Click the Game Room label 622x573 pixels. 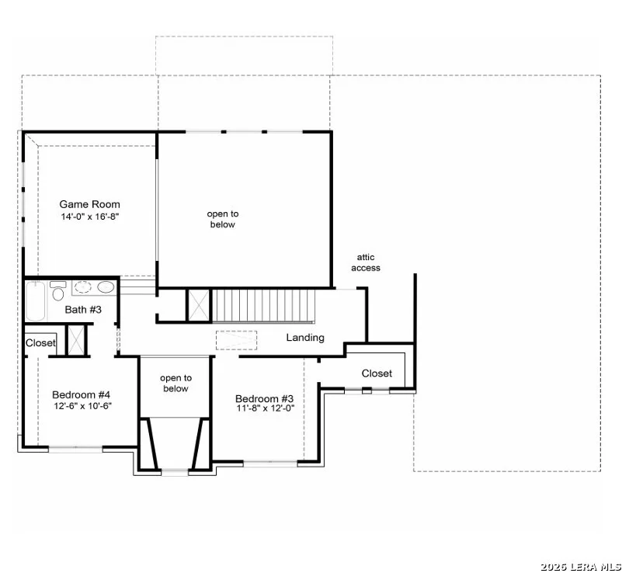(89, 204)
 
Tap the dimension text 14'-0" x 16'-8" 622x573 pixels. (90, 217)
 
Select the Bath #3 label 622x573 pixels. (83, 309)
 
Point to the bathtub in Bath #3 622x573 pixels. (36, 300)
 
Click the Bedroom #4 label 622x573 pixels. (81, 394)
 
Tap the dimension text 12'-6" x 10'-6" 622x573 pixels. (83, 406)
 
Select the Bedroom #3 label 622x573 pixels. (264, 398)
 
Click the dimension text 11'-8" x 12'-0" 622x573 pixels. (266, 408)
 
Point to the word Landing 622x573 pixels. (305, 338)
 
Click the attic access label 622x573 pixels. (366, 262)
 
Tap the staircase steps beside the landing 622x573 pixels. (264, 305)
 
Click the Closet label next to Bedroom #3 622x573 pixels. (377, 373)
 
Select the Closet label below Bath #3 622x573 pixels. (40, 342)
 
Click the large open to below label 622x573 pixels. (223, 219)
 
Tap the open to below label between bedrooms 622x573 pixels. (175, 383)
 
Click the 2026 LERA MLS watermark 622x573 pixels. (581, 567)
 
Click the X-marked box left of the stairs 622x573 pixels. (198, 305)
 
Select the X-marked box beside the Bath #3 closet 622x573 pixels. (77, 340)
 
